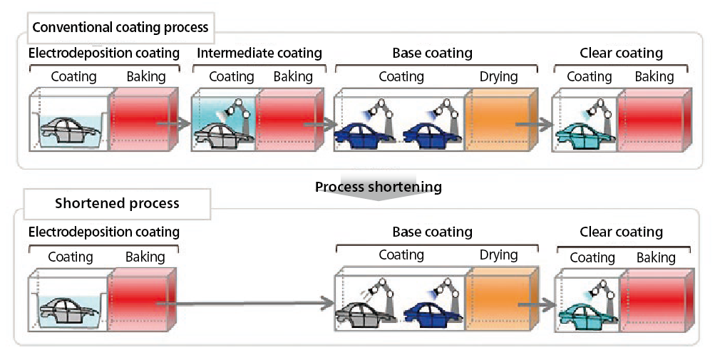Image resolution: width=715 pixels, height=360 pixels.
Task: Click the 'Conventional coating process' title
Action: click(x=120, y=28)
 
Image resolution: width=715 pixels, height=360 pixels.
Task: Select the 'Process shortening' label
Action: click(x=379, y=187)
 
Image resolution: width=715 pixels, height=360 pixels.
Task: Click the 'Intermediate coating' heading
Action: click(x=259, y=53)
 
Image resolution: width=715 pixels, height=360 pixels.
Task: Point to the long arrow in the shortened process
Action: click(x=246, y=304)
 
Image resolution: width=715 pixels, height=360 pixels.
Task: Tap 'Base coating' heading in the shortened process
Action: click(x=432, y=232)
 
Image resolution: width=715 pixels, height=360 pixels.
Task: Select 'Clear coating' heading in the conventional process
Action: click(x=621, y=53)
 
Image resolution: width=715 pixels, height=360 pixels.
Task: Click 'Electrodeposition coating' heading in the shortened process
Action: click(x=104, y=232)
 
